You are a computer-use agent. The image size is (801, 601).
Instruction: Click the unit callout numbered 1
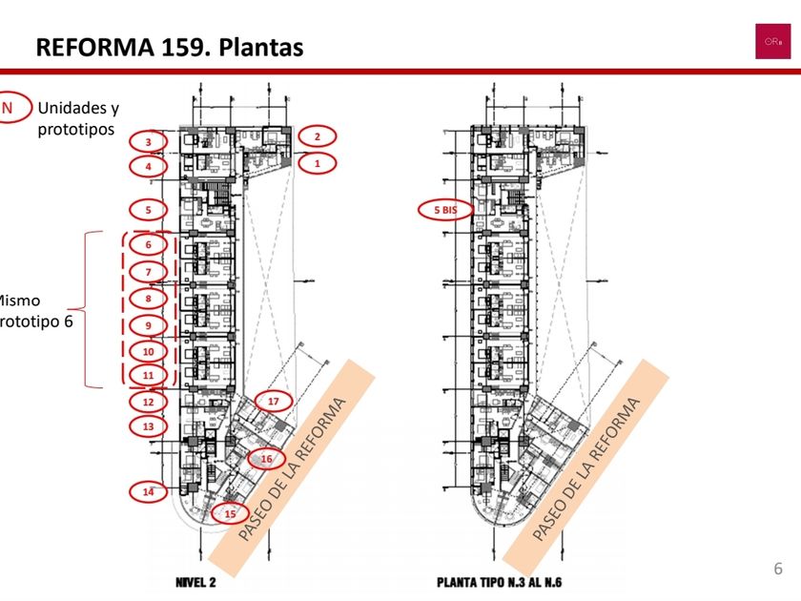[x=317, y=163]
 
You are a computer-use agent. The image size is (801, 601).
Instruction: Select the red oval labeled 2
[x=317, y=136]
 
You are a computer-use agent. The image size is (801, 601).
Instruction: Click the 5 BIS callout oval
[x=445, y=209]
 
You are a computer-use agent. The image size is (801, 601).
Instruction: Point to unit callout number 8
[x=149, y=298]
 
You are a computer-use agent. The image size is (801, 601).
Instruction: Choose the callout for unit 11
[x=149, y=376]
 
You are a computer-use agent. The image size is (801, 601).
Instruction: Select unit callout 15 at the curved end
[x=230, y=513]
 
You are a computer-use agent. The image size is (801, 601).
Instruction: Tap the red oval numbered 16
[x=266, y=459]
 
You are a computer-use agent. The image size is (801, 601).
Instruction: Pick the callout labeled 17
[x=273, y=401]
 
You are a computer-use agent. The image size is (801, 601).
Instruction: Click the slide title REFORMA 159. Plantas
[x=170, y=47]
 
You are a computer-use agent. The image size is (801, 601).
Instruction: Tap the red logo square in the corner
[x=772, y=41]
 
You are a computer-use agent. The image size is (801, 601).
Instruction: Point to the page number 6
[x=778, y=570]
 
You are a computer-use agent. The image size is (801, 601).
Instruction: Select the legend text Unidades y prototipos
[x=78, y=117]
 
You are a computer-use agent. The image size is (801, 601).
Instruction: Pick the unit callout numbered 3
[x=149, y=142]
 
